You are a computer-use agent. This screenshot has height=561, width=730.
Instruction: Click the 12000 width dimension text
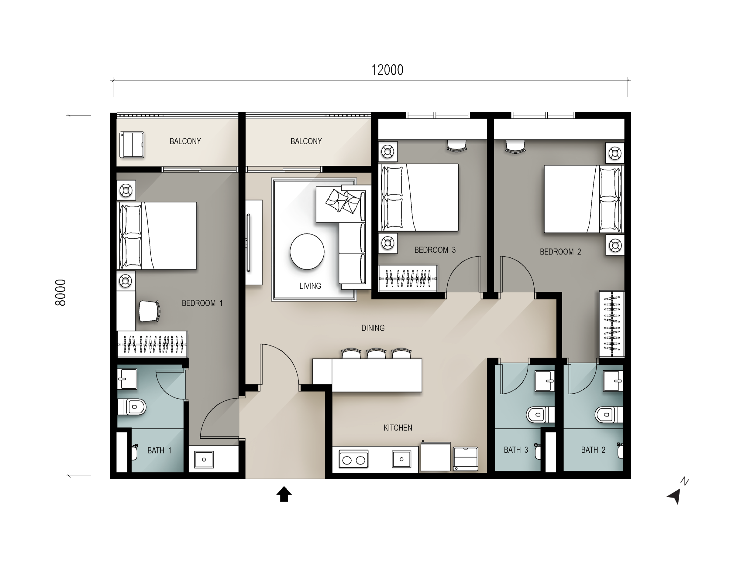pos(387,70)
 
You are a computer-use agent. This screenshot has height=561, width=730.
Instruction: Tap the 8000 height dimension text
pos(60,293)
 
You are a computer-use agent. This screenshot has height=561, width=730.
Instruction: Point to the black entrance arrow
pos(284,494)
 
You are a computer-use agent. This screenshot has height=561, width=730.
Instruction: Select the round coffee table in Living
pos(307,251)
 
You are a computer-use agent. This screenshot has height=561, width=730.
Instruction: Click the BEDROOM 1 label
pos(202,303)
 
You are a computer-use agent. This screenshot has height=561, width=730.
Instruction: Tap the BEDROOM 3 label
pos(435,250)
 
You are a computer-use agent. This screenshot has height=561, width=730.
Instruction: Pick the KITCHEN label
pos(398,428)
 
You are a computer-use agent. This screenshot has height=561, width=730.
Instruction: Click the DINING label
pos(373,328)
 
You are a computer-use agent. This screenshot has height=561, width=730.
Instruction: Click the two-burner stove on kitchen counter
pos(354,460)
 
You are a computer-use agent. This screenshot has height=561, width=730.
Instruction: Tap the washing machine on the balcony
pos(132,144)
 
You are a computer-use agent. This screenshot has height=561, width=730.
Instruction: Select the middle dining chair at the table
pos(377,353)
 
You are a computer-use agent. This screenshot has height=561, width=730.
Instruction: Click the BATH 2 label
pos(593,450)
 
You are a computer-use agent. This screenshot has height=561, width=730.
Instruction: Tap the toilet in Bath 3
pos(540,415)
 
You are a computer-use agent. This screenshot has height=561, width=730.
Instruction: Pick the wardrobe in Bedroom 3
pos(408,278)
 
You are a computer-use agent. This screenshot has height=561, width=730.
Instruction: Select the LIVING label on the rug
pos(310,286)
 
